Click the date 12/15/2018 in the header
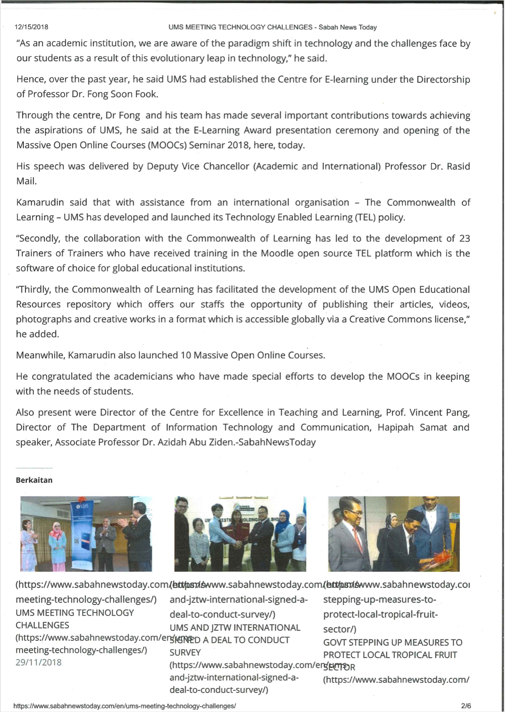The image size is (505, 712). tap(31, 27)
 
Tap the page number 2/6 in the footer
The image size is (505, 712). tap(466, 706)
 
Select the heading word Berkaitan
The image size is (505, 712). tap(34, 480)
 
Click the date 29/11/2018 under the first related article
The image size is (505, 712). tap(38, 662)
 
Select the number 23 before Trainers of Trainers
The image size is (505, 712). tap(464, 239)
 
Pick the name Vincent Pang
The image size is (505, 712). tap(439, 413)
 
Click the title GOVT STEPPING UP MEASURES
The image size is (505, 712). tap(392, 643)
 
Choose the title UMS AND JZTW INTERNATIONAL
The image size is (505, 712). tap(235, 628)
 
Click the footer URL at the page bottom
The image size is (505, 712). tap(125, 706)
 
